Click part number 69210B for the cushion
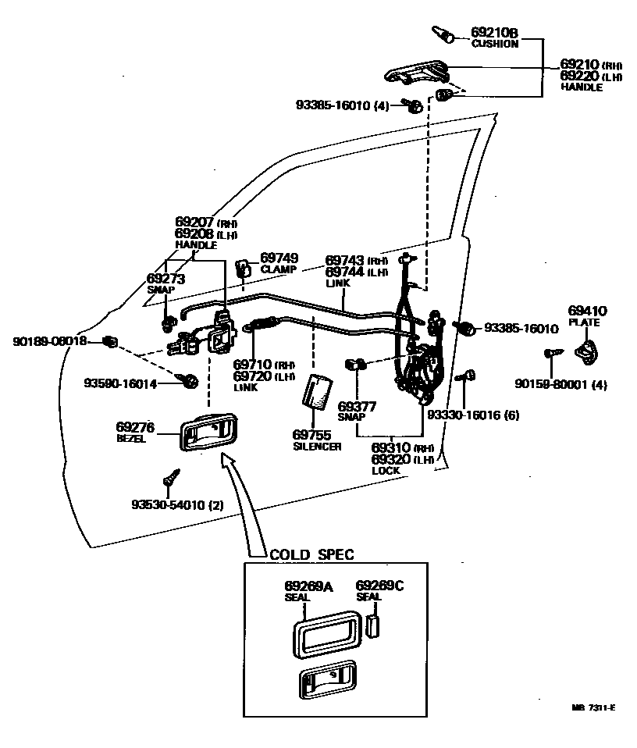494,33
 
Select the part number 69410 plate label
587,311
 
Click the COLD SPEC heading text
311,555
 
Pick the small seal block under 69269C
373,625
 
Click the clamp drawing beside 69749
244,269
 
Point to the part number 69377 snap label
358,406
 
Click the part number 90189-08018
49,342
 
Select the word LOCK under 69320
386,471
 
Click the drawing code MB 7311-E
593,707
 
